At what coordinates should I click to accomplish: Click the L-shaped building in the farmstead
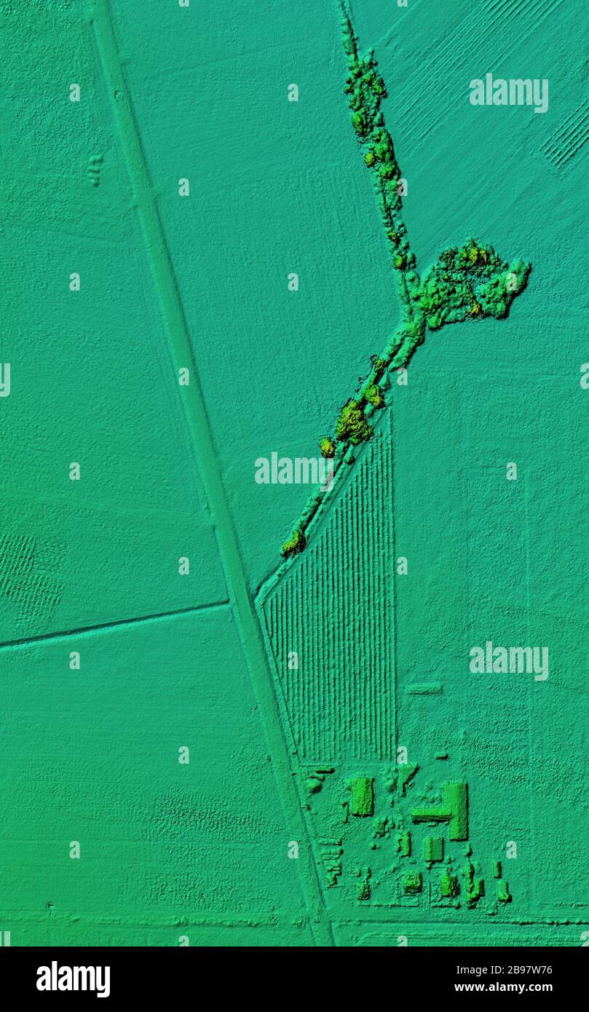pos(453,810)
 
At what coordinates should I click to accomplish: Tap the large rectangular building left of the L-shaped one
pos(361,796)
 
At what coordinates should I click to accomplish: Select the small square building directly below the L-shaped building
pos(433,849)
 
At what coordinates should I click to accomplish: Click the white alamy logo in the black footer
pos(73,979)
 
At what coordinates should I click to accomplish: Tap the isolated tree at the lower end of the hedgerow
pos(293,543)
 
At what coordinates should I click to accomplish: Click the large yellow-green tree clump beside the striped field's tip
pos(354,423)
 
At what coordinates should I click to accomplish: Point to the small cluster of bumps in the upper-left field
pos(95,169)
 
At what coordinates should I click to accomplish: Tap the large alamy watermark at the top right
pos(508,92)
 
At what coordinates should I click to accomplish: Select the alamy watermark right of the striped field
pos(508,660)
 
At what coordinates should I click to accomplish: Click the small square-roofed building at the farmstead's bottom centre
pos(411,882)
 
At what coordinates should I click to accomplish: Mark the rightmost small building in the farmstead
pos(502,890)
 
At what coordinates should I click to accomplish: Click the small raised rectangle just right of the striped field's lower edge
pos(424,688)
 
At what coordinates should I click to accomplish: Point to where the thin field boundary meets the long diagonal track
pos(229,602)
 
